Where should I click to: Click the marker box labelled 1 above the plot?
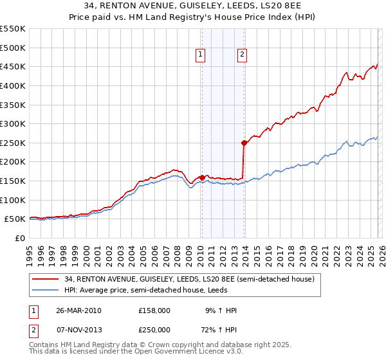pos(201,55)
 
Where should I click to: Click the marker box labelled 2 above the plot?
pos(243,55)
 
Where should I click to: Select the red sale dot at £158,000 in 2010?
pos(202,177)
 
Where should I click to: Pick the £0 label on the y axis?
pos(21,238)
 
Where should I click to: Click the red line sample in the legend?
pos(46,279)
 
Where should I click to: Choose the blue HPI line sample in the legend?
pos(46,290)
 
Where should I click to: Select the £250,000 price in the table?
pos(154,329)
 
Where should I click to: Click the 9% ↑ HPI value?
pos(219,310)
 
